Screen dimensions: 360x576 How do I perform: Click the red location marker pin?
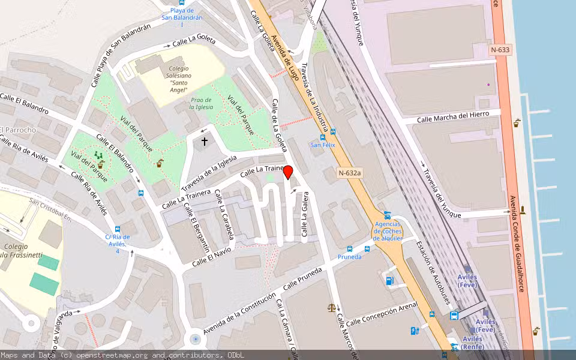tap(288, 172)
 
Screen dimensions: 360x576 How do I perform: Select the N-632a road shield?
tap(350, 173)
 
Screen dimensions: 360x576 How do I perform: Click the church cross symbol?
tap(205, 142)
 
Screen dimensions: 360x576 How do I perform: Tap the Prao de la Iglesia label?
tap(201, 103)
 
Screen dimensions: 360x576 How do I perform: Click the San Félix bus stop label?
tap(322, 145)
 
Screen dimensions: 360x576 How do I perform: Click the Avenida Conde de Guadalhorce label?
tap(517, 243)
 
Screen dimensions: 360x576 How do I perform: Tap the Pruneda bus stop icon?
tap(350, 248)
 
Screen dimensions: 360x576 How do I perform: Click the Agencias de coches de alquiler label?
tap(388, 231)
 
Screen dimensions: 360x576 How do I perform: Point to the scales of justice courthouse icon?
tap(332, 307)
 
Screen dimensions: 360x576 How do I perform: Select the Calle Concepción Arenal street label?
tap(382, 314)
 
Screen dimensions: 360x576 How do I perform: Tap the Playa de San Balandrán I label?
tap(182, 14)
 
